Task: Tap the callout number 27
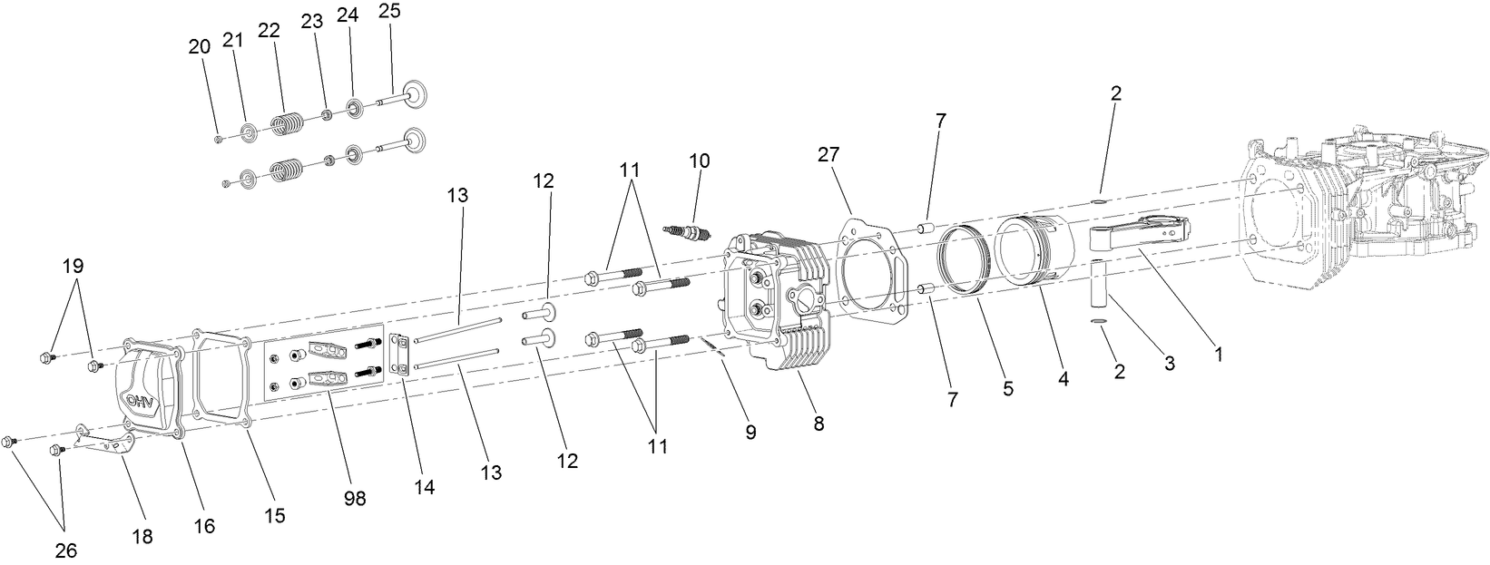pyautogui.click(x=828, y=154)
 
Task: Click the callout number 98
pyautogui.click(x=356, y=499)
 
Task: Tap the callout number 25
pyautogui.click(x=389, y=12)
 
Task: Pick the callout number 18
pyautogui.click(x=142, y=537)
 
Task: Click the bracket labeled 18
pyautogui.click(x=106, y=445)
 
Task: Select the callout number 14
pyautogui.click(x=423, y=487)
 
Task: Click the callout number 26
pyautogui.click(x=66, y=550)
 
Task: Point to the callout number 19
pyautogui.click(x=73, y=266)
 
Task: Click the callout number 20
pyautogui.click(x=199, y=47)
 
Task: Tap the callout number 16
pyautogui.click(x=205, y=526)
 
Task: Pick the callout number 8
pyautogui.click(x=819, y=423)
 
